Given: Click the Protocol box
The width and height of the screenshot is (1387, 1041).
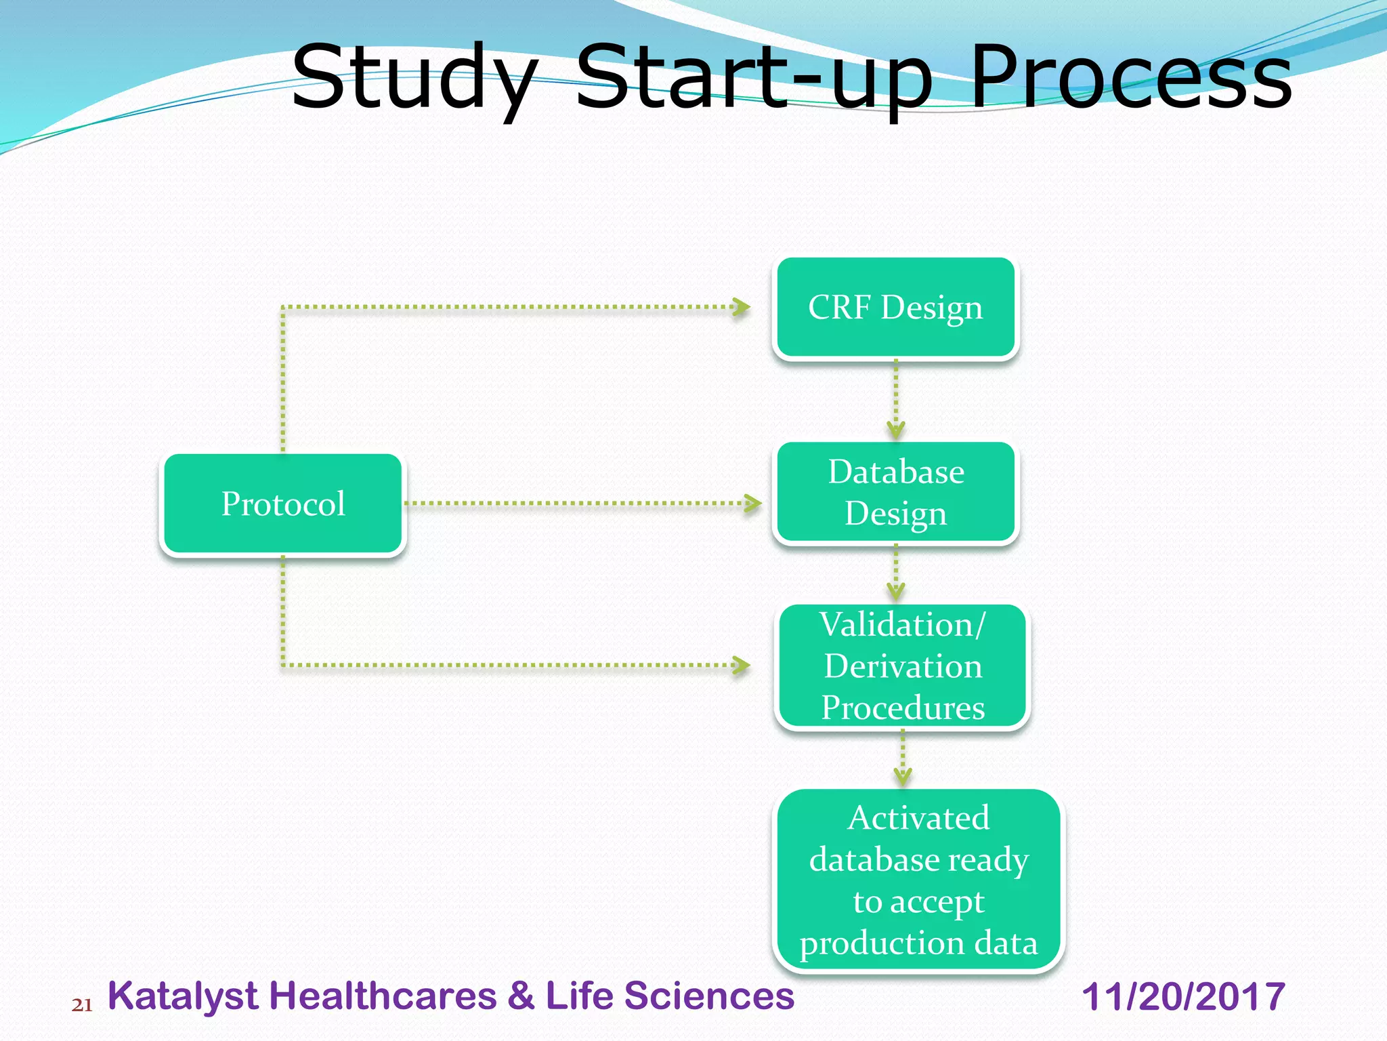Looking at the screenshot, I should (x=282, y=504).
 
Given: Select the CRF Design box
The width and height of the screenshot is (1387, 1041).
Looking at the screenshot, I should (x=895, y=307).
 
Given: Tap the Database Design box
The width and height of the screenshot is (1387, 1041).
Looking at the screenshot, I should (x=895, y=492).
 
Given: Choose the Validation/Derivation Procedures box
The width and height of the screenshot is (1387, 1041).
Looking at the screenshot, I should (x=902, y=666).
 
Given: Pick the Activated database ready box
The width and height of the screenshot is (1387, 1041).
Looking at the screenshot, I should (x=918, y=880).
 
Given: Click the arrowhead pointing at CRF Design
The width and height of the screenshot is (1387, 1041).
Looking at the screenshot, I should (x=742, y=307).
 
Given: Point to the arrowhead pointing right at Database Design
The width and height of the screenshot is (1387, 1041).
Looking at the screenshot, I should (x=753, y=504).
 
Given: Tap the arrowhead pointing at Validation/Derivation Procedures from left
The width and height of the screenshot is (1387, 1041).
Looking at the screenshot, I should (x=742, y=665).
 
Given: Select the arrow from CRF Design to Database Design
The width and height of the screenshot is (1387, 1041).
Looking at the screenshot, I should (x=895, y=400).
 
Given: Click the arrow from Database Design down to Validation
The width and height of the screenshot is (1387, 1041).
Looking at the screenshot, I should (x=895, y=573).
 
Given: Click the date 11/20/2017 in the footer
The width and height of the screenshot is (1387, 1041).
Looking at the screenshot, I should (x=1182, y=996).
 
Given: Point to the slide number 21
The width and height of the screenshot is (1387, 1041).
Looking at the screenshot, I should (x=82, y=1004).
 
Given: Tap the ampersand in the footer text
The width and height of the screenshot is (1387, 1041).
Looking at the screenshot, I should (x=521, y=996).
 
